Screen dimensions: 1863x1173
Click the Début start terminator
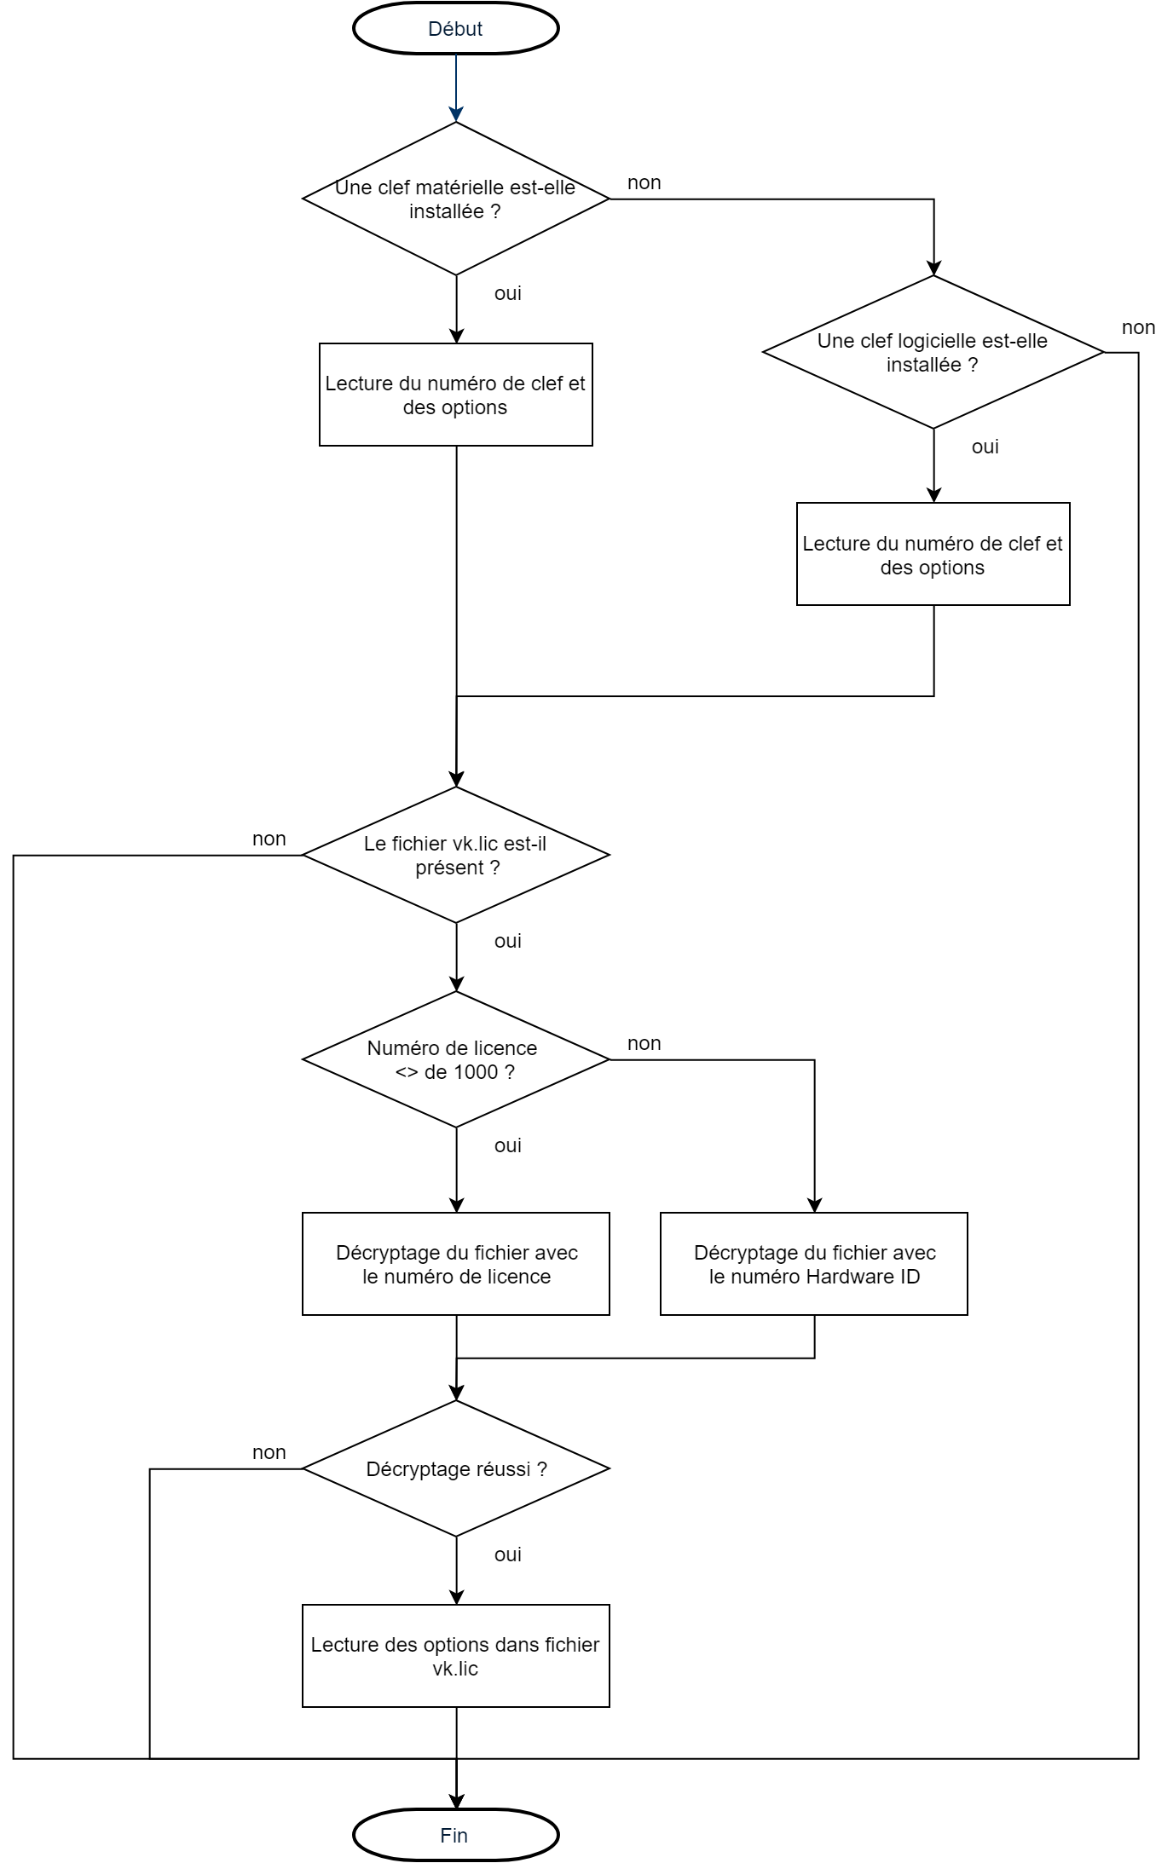coord(455,29)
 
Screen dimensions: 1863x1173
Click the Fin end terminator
coord(455,1835)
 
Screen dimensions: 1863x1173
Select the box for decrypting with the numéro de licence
coord(455,1264)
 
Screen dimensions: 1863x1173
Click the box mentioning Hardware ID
coord(813,1264)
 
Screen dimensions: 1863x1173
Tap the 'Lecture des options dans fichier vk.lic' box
coord(455,1656)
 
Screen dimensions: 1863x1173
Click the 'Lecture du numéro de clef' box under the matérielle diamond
coord(455,395)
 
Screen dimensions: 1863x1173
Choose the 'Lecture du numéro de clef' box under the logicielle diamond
coord(933,554)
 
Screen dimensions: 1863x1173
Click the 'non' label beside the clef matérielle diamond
coord(644,182)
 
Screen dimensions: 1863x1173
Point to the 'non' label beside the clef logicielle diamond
coord(1138,327)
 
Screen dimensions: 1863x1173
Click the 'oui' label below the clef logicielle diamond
coord(985,447)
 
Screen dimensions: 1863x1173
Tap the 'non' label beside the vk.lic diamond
coord(269,839)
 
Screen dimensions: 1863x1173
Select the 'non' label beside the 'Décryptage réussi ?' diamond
coord(269,1452)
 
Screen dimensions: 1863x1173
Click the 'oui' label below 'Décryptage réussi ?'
coord(507,1554)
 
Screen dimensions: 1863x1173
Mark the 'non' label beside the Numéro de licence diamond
coord(644,1043)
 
